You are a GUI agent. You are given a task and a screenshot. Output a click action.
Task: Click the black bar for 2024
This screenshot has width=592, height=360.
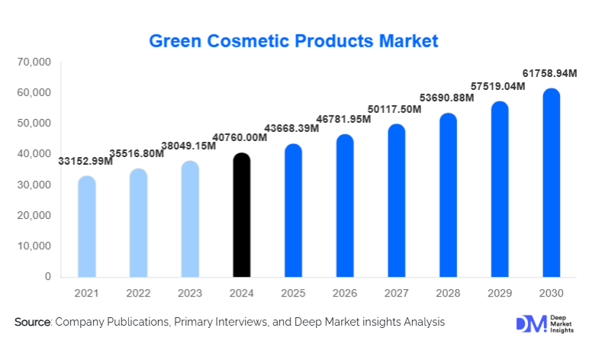241,215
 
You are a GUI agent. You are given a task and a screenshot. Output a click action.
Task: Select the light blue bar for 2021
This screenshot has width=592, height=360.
87,227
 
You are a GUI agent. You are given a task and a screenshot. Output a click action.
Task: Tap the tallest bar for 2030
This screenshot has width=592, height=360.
551,183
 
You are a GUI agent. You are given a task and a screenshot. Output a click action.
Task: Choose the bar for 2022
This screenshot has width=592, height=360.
138,223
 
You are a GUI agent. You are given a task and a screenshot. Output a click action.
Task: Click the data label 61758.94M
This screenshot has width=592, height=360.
551,73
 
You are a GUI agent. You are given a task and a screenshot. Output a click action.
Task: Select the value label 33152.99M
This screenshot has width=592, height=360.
85,160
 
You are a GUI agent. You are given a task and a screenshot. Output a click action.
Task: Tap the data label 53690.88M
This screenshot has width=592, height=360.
448,98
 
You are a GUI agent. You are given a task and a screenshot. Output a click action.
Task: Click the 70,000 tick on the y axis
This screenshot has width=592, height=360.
33,62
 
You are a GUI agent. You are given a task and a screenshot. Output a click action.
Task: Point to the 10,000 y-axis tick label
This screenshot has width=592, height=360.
33,246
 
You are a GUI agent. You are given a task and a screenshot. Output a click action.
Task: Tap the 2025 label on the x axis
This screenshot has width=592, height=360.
293,293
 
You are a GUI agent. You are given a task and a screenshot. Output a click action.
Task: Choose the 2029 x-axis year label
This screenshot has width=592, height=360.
499,293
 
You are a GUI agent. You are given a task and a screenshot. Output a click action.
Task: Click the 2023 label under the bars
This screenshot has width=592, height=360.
190,293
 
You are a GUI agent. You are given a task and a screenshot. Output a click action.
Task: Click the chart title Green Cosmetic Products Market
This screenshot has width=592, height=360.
294,40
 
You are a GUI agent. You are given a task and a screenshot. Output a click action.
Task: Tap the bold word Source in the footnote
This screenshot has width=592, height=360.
32,323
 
